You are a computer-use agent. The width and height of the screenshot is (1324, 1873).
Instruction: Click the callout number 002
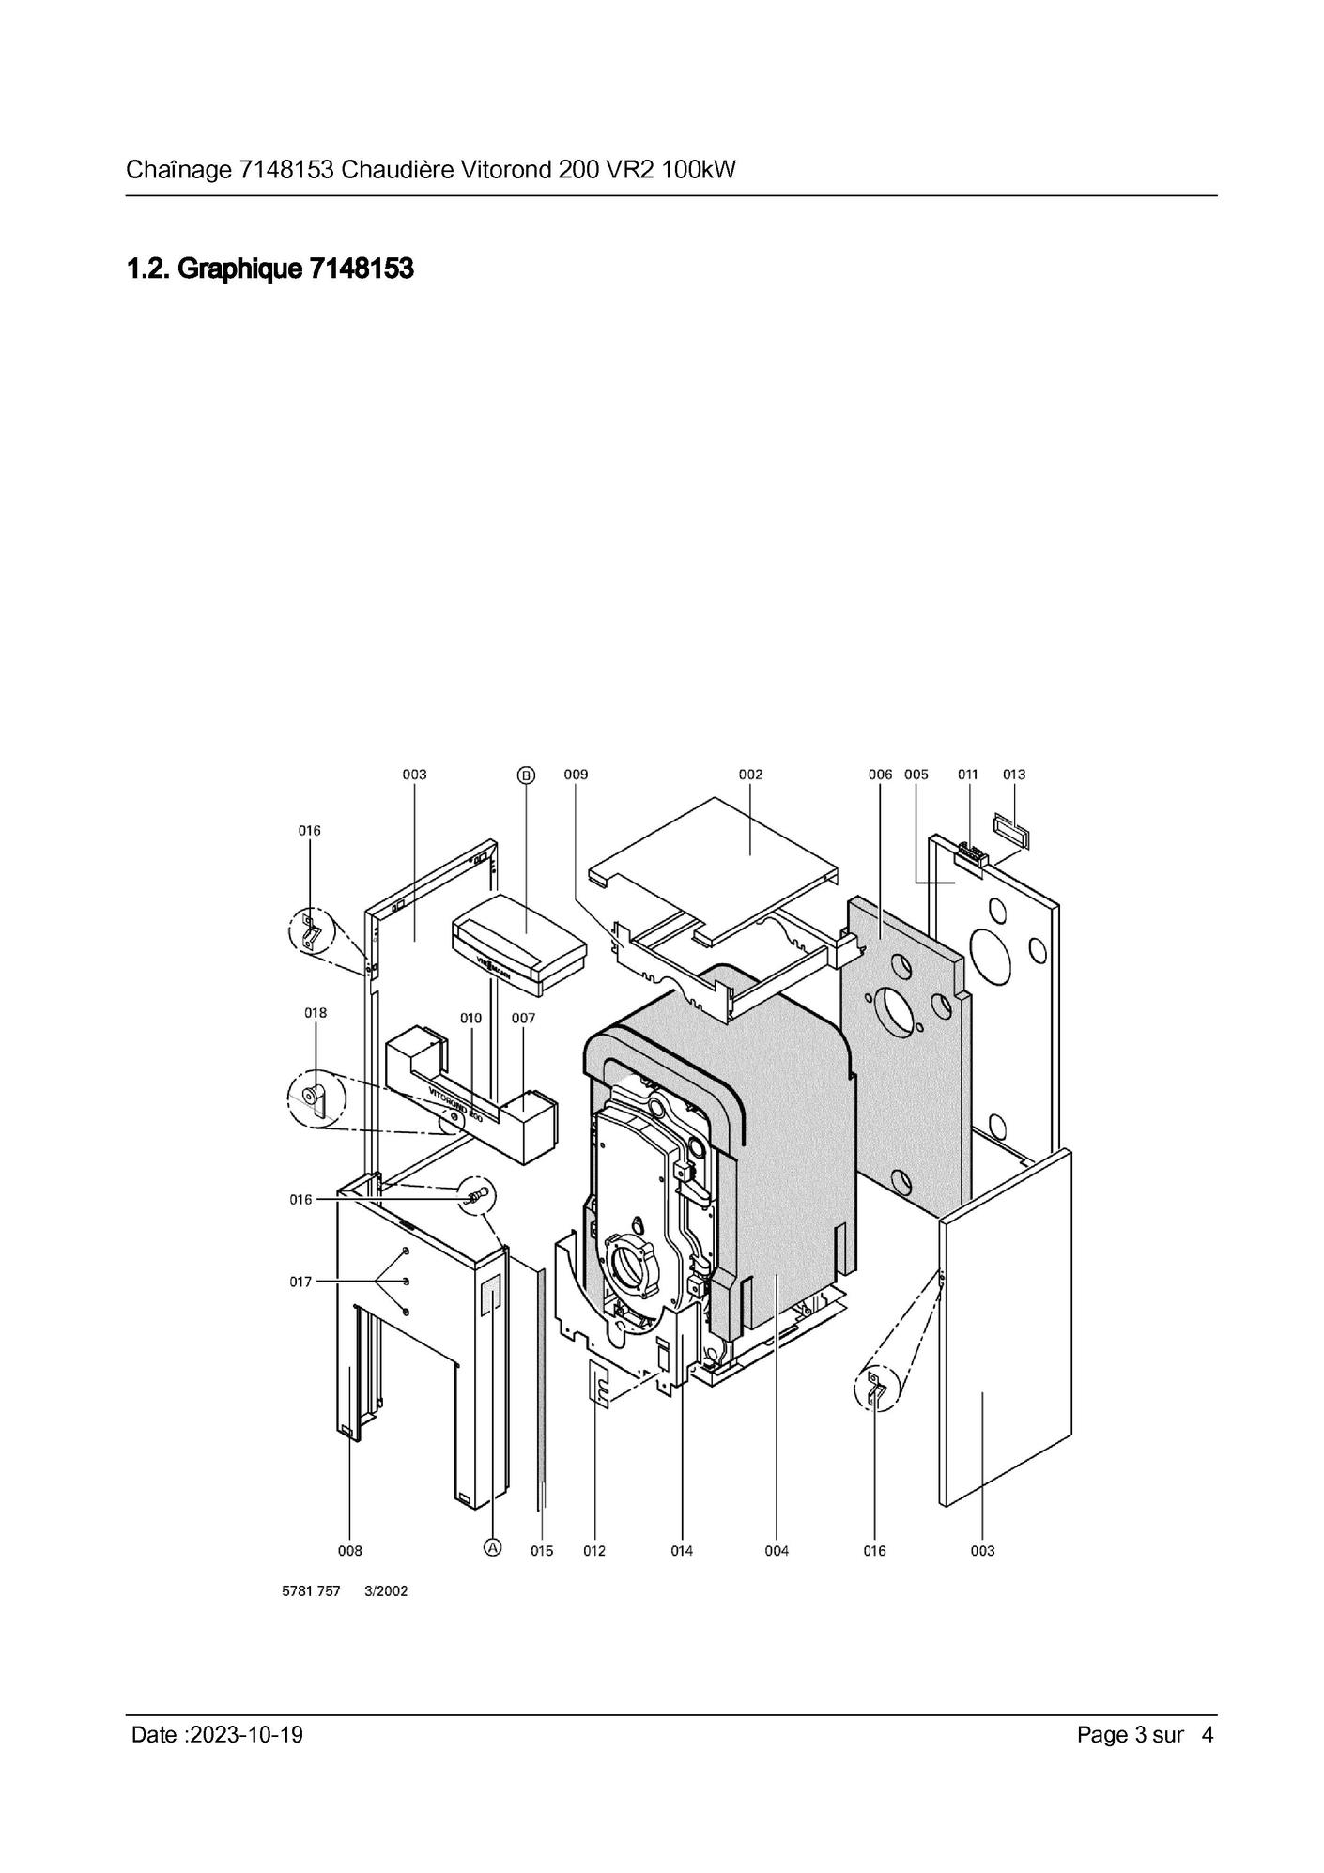(750, 775)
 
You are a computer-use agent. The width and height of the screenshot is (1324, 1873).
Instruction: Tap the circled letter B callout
(526, 775)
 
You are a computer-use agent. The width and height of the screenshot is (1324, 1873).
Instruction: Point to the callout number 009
(576, 775)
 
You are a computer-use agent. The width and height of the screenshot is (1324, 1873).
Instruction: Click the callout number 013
(1014, 775)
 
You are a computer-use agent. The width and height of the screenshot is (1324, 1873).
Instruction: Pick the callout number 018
(316, 1012)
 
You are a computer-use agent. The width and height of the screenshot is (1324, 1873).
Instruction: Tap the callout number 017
(300, 1282)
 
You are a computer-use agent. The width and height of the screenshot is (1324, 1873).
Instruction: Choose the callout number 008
(350, 1550)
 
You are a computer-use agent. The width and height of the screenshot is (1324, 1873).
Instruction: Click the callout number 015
(542, 1550)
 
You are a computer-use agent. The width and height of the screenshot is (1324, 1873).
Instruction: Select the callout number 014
(682, 1550)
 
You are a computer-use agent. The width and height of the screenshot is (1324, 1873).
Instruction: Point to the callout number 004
(777, 1550)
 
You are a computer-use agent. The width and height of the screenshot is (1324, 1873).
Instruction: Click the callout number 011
(968, 775)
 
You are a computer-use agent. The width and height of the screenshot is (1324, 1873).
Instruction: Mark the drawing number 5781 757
(311, 1591)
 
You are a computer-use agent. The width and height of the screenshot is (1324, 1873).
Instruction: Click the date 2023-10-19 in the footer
(246, 1734)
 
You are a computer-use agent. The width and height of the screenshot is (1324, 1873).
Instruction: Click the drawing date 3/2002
(386, 1591)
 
